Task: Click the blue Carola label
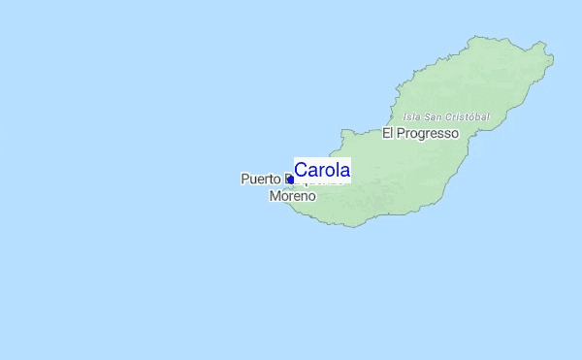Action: click(x=322, y=170)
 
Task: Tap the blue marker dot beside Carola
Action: click(x=290, y=180)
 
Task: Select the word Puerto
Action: click(x=260, y=180)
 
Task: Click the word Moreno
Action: click(x=292, y=196)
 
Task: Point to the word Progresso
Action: click(x=428, y=133)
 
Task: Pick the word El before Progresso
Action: click(x=388, y=133)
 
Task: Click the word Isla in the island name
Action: click(x=410, y=116)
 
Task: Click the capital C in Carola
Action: click(x=301, y=170)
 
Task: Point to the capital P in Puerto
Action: click(x=244, y=180)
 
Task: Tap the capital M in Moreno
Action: click(x=274, y=196)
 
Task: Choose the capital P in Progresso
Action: click(x=401, y=133)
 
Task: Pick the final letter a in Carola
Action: click(x=344, y=170)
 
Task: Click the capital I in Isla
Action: click(x=404, y=116)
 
